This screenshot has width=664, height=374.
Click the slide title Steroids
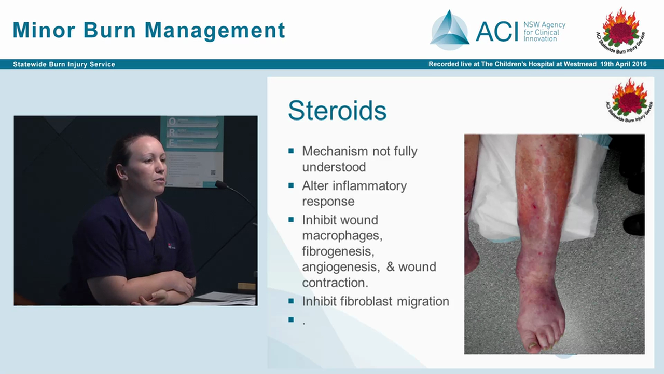coord(337,111)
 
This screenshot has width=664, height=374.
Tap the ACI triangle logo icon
coord(449,31)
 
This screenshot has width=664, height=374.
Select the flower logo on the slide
coord(630,98)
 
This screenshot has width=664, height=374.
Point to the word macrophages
coord(342,236)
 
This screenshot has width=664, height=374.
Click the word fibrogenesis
coord(338,251)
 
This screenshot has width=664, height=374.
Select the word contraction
coord(335,283)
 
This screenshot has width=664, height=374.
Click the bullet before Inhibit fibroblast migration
coord(291,301)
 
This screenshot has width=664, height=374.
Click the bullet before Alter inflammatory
coord(291,185)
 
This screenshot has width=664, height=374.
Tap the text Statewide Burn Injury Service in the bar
coord(64,64)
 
